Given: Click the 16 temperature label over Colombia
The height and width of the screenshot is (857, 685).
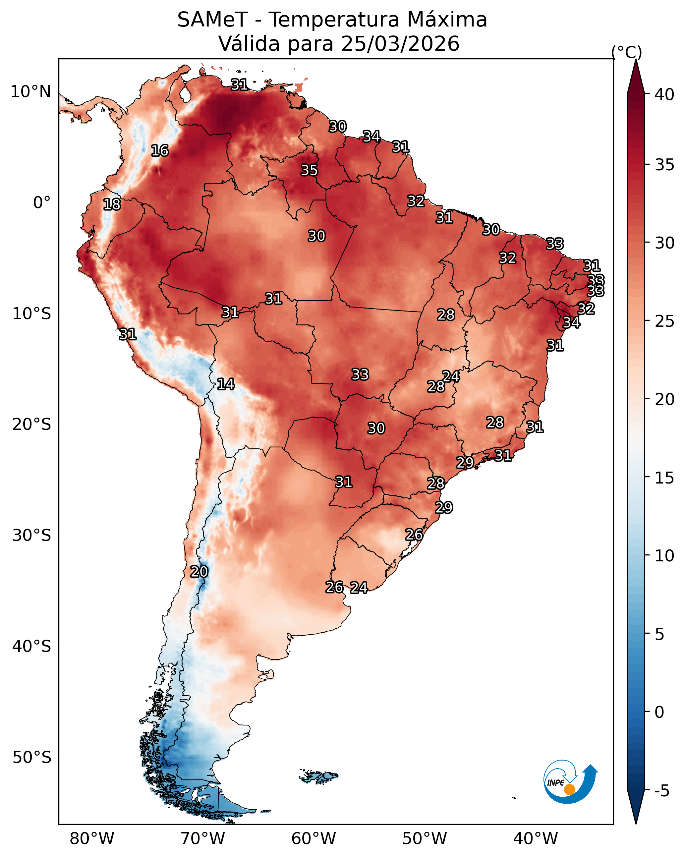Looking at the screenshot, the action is coord(160,151).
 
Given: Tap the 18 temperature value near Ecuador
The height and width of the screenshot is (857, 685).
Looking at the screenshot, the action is coord(112,204).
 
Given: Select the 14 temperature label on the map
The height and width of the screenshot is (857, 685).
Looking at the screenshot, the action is coord(226,384).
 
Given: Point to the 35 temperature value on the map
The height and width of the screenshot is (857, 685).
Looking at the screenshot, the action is coord(309,170).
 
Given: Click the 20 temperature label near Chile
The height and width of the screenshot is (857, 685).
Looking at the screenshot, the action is coord(199,572).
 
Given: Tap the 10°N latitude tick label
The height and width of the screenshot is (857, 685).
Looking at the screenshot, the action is coord(30,92).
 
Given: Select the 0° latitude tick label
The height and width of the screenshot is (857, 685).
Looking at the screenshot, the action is coord(42,203).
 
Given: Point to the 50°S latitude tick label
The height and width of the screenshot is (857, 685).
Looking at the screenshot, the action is coord(32,758).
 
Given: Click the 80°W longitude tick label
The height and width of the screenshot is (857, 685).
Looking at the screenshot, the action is coord(92,839).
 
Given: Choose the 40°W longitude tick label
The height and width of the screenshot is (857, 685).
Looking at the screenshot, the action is coord(536,839).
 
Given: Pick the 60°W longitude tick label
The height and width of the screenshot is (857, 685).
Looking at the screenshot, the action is coord(314,839).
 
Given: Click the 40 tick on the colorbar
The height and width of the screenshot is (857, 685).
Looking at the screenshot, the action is coord(664,94).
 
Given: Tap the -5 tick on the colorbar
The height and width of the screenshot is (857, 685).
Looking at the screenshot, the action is coord(662,791).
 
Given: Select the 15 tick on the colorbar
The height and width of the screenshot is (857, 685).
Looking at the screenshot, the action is coord(664,478).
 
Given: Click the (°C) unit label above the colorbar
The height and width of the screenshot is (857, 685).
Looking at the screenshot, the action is coord(627,52).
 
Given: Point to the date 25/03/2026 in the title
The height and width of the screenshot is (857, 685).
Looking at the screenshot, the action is coord(400,43).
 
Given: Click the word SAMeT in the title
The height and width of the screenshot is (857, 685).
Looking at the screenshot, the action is coord(213,20).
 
